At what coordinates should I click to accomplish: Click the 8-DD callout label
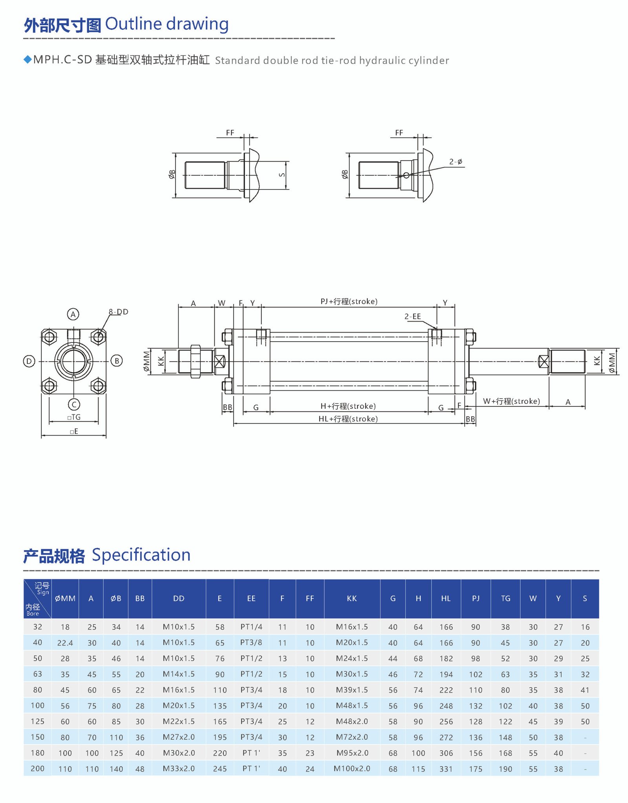click(x=119, y=312)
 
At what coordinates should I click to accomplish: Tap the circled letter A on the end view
click(x=73, y=314)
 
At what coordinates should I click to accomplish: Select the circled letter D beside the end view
click(x=29, y=361)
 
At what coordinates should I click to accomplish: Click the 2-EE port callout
click(x=413, y=316)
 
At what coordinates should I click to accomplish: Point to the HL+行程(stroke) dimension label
click(x=348, y=419)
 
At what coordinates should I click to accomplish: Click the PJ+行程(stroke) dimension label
click(x=349, y=302)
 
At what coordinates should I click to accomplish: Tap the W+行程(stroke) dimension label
click(x=511, y=401)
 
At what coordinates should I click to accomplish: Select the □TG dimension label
click(x=74, y=417)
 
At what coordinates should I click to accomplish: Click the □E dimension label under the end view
click(x=74, y=432)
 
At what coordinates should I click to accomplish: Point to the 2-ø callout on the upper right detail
click(x=456, y=162)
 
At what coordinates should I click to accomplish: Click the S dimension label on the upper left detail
click(x=282, y=175)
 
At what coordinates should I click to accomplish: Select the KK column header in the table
click(x=352, y=598)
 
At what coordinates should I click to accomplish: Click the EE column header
click(x=251, y=598)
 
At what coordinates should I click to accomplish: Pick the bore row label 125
click(x=38, y=721)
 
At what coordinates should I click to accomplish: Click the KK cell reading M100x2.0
click(x=352, y=768)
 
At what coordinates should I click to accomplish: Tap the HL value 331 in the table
click(x=446, y=769)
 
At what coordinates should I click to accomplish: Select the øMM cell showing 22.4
click(x=65, y=643)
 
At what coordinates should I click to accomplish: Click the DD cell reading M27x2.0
click(x=179, y=737)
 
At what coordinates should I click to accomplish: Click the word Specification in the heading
click(x=141, y=555)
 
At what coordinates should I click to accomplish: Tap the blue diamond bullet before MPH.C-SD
click(x=27, y=59)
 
